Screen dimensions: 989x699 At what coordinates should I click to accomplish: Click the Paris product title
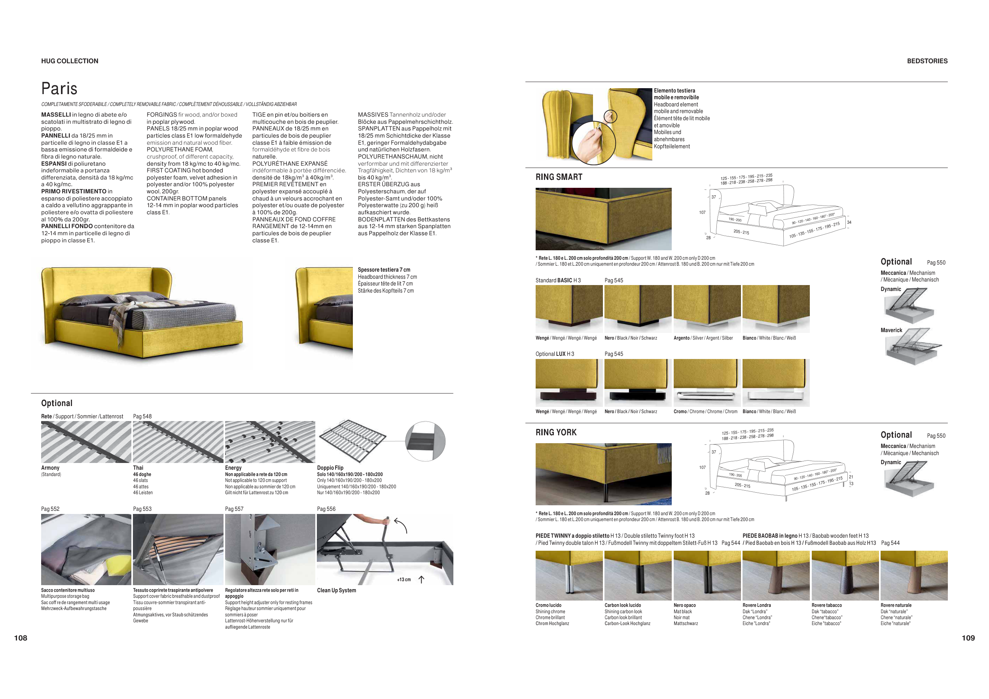(x=59, y=89)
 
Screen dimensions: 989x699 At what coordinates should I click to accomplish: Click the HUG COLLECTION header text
(x=70, y=61)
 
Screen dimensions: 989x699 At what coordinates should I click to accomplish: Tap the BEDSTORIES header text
(x=927, y=61)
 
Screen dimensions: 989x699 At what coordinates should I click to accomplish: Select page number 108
(x=21, y=638)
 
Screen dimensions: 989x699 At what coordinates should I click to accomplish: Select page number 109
(x=968, y=638)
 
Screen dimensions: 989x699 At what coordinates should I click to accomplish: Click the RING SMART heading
(x=559, y=177)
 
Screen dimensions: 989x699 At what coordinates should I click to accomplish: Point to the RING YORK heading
(x=556, y=432)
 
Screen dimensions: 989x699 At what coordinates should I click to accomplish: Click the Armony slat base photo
(x=86, y=442)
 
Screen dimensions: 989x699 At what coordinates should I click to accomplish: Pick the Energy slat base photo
(x=270, y=442)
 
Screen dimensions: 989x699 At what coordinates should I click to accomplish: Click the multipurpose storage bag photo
(x=86, y=549)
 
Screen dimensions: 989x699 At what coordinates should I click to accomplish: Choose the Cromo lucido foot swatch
(x=569, y=576)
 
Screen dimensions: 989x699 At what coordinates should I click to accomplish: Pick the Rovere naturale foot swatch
(x=914, y=576)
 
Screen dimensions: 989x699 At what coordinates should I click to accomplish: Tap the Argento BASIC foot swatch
(x=707, y=309)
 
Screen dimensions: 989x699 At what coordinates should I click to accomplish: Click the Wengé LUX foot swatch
(x=569, y=383)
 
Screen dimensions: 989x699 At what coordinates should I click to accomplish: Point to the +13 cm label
(x=404, y=580)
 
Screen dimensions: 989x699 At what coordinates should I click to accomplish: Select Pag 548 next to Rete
(x=142, y=416)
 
